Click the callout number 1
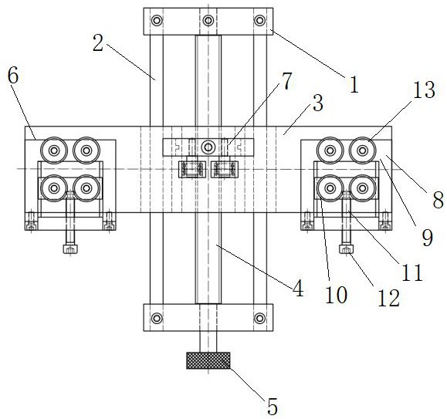(x=354, y=85)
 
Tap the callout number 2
(x=98, y=43)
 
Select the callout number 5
(x=273, y=407)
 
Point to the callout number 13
(x=424, y=90)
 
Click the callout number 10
(x=336, y=294)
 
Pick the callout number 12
(x=388, y=298)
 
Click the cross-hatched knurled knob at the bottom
(x=208, y=360)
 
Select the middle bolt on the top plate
(x=208, y=21)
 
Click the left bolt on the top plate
(x=157, y=21)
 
